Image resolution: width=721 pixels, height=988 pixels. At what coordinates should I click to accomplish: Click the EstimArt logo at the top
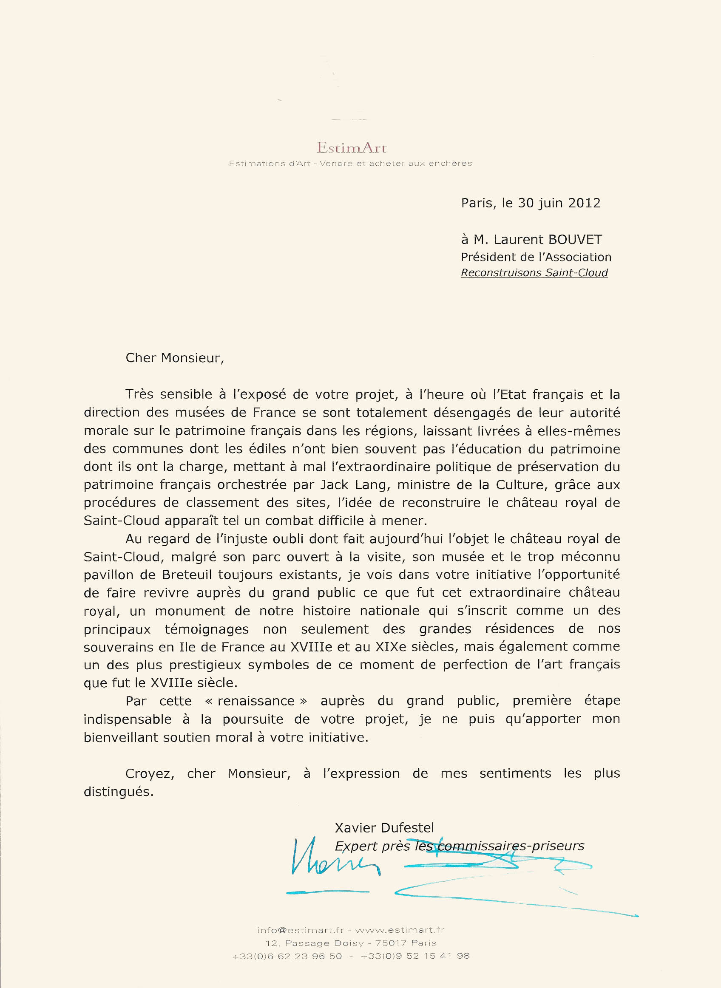[x=352, y=148]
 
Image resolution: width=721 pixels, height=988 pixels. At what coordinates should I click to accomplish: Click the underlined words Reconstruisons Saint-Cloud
[x=534, y=273]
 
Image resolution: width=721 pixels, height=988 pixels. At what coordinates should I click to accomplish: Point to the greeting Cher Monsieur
[x=174, y=358]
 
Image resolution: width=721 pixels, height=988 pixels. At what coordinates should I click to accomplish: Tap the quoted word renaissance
[x=256, y=701]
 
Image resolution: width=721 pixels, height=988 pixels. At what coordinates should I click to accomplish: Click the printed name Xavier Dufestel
[x=384, y=828]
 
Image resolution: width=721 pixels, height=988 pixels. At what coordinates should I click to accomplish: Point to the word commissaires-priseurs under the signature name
[x=511, y=846]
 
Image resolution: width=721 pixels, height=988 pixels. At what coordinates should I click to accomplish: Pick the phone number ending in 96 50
[x=287, y=956]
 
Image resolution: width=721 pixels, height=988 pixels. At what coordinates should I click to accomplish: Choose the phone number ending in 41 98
[x=415, y=956]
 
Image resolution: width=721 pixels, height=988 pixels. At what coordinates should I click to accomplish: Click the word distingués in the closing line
[x=118, y=792]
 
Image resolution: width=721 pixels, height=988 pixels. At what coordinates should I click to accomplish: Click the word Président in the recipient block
[x=488, y=257]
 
